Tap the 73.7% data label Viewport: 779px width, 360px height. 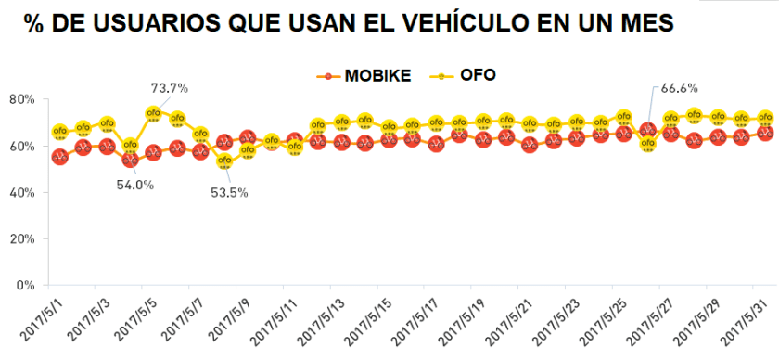pyautogui.click(x=170, y=88)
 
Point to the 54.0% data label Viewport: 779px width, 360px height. pyautogui.click(x=134, y=185)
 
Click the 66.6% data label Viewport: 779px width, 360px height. pyautogui.click(x=679, y=88)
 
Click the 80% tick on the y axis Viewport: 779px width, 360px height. pyautogui.click(x=22, y=99)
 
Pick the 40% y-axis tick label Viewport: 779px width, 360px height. pyautogui.click(x=22, y=192)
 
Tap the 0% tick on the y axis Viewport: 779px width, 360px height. pyautogui.click(x=25, y=285)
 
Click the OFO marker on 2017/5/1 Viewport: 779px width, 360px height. pyautogui.click(x=59, y=132)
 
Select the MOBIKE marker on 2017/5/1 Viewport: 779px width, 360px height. pyautogui.click(x=59, y=157)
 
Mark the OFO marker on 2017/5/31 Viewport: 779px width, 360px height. pyautogui.click(x=766, y=118)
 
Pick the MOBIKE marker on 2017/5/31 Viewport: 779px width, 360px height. pyautogui.click(x=766, y=133)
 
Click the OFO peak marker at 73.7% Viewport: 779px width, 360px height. pyautogui.click(x=154, y=114)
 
